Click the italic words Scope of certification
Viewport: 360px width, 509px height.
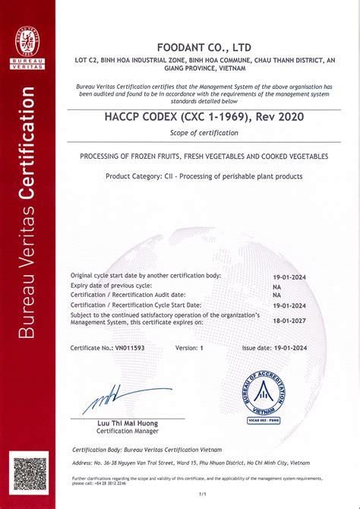coord(204,133)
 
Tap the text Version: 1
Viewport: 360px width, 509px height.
coord(190,347)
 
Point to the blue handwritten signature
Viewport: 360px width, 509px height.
coord(114,398)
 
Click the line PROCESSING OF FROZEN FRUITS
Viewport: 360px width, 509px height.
coord(204,156)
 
